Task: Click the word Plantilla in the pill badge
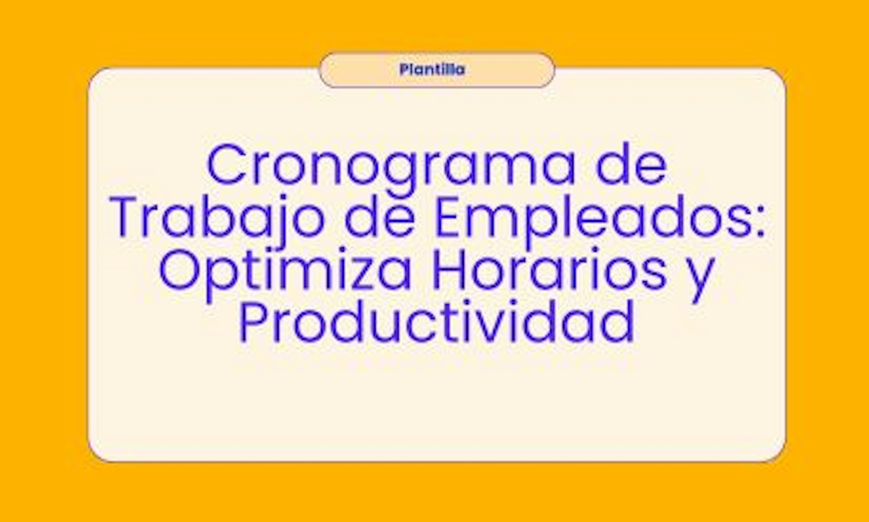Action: [432, 69]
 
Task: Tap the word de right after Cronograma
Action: [632, 164]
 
